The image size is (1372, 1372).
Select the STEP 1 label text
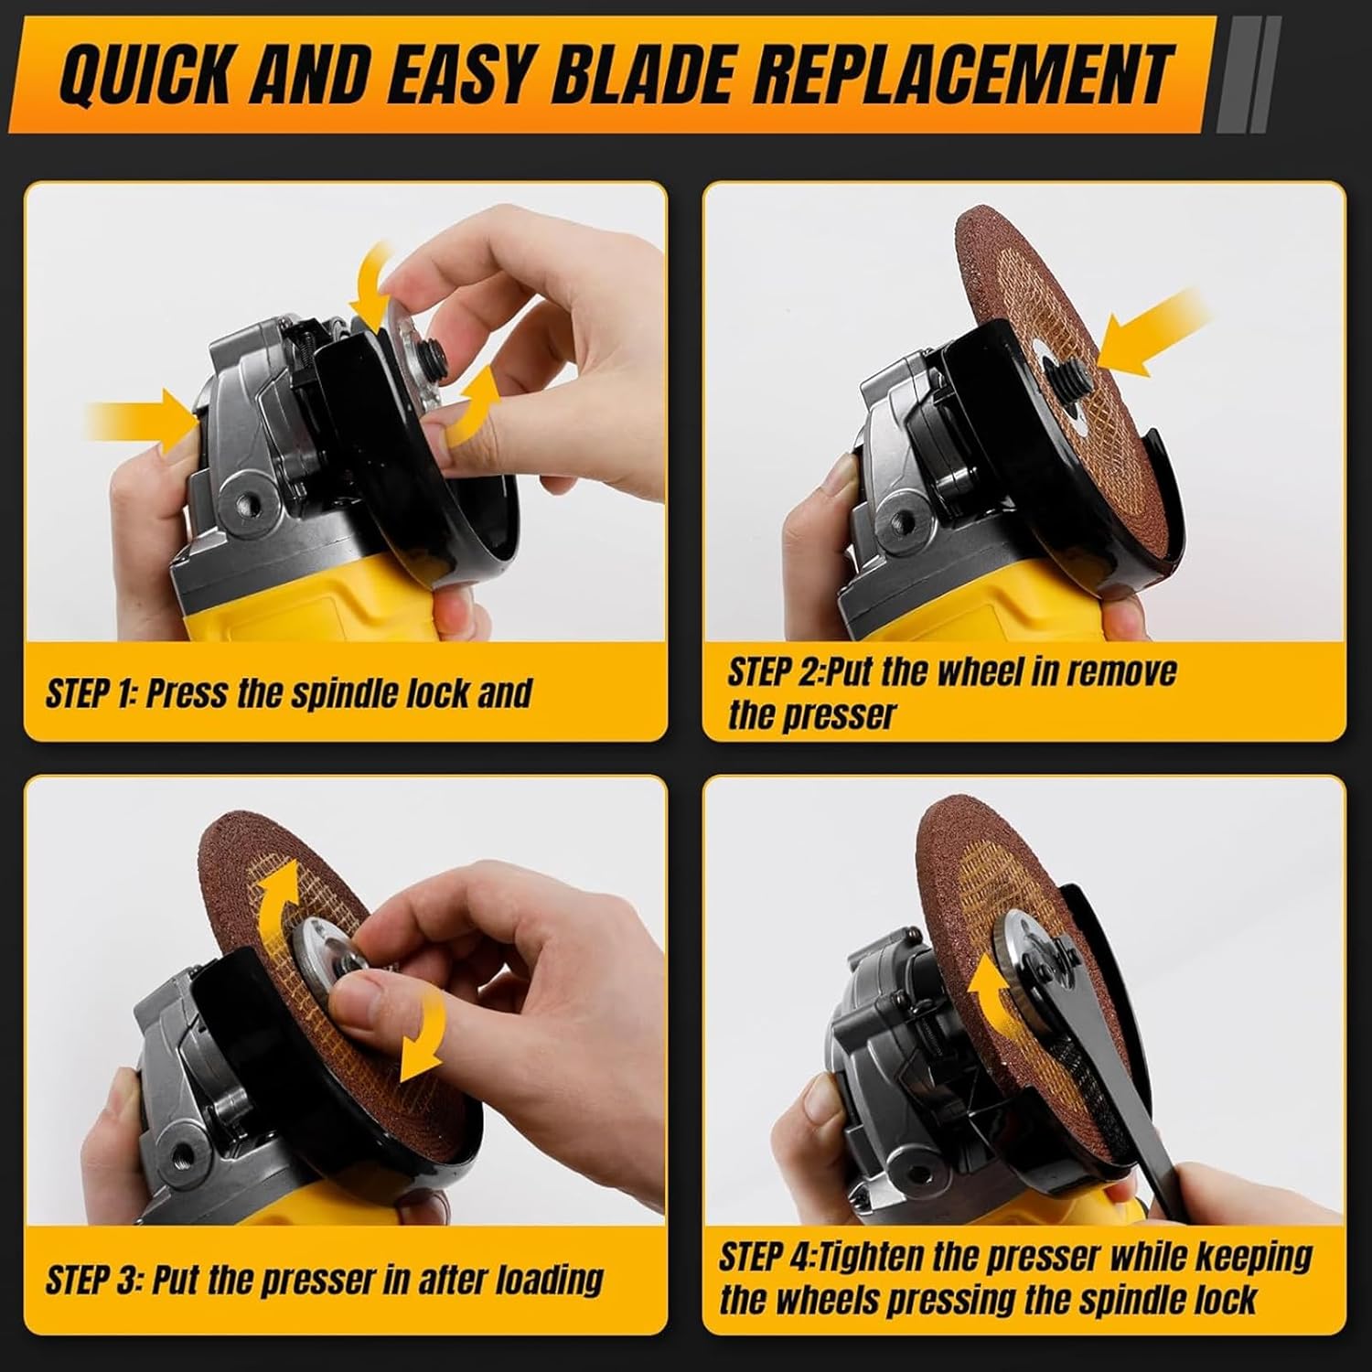pyautogui.click(x=90, y=693)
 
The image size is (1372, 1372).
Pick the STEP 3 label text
pyautogui.click(x=92, y=1279)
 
